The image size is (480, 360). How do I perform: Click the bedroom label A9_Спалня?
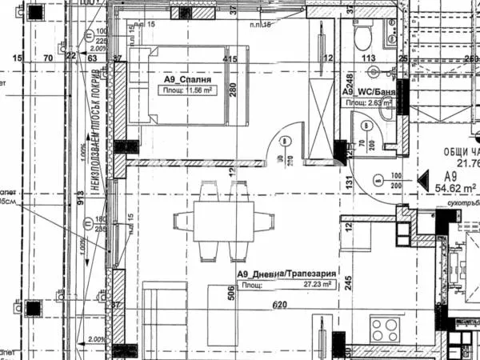[x=189, y=80]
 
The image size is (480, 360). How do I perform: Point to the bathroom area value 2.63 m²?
[x=377, y=103]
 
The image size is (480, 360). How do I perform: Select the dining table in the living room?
[x=214, y=219]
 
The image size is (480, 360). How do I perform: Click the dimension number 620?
[x=278, y=305]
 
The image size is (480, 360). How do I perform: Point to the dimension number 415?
[x=230, y=58]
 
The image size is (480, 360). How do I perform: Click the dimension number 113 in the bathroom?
[x=368, y=58]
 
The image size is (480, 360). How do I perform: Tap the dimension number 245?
[x=350, y=281]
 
